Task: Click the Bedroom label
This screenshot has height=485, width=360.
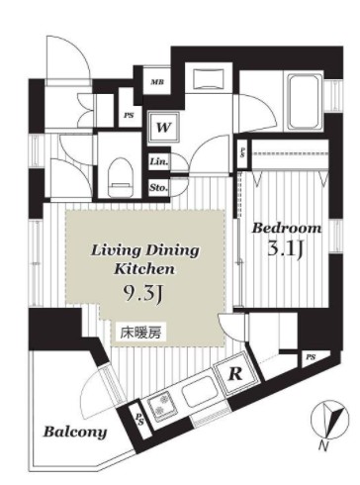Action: (287, 228)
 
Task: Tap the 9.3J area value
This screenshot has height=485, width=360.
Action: (142, 292)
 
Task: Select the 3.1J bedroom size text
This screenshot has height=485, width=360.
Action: (285, 250)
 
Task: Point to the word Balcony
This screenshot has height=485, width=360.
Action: (75, 432)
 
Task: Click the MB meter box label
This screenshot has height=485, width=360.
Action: (157, 82)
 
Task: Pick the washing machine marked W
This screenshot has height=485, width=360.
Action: (163, 128)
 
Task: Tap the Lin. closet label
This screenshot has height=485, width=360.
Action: (159, 162)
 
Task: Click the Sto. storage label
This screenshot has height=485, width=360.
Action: (159, 188)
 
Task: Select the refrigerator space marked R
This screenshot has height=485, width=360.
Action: (234, 373)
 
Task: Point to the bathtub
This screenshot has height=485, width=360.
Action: (305, 102)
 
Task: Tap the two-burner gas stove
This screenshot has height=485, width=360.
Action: (162, 405)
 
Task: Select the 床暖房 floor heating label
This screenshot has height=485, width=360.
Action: (140, 334)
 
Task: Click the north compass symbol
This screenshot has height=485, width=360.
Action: (329, 419)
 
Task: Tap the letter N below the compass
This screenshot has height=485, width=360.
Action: (323, 447)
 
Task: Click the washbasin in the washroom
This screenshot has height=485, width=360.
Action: (209, 78)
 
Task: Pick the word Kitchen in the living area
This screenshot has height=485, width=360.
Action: (144, 269)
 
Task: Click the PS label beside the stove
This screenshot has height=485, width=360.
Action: (139, 419)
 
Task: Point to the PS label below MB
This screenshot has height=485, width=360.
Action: (129, 116)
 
